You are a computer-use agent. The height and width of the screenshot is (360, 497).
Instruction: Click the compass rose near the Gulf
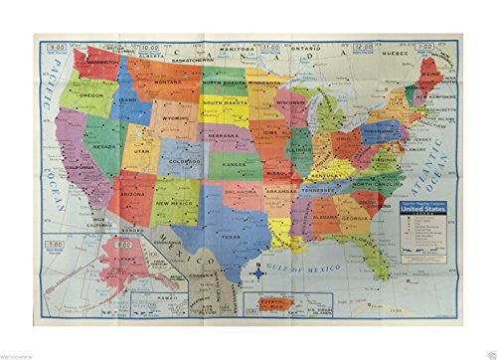(261, 268)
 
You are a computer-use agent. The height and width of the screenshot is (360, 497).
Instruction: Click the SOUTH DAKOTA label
(226, 103)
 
